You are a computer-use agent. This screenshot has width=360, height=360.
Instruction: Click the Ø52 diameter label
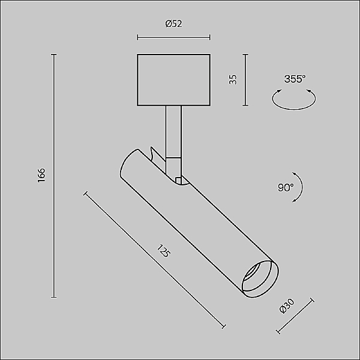pyautogui.click(x=173, y=25)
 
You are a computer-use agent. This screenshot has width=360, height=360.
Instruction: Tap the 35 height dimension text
pyautogui.click(x=233, y=80)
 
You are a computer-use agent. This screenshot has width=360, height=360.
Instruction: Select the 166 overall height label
pyautogui.click(x=41, y=175)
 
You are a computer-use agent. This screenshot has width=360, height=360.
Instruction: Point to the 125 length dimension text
pyautogui.click(x=163, y=252)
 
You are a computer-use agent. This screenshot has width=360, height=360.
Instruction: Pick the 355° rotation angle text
pyautogui.click(x=295, y=79)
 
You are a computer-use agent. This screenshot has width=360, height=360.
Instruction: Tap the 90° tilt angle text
pyautogui.click(x=286, y=187)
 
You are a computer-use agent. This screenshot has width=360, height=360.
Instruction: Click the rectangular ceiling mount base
pyautogui.click(x=173, y=80)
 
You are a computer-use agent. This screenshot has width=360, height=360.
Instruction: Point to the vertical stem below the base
pyautogui.click(x=173, y=129)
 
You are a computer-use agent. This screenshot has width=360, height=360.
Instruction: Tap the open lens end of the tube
pyautogui.click(x=259, y=279)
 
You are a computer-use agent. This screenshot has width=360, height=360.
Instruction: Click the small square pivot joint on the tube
pyautogui.click(x=178, y=179)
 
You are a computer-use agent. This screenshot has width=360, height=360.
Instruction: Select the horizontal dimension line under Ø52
pyautogui.click(x=173, y=37)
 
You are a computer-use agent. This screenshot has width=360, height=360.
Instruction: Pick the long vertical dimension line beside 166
pyautogui.click(x=55, y=175)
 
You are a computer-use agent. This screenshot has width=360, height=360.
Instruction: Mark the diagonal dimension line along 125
pyautogui.click(x=155, y=260)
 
